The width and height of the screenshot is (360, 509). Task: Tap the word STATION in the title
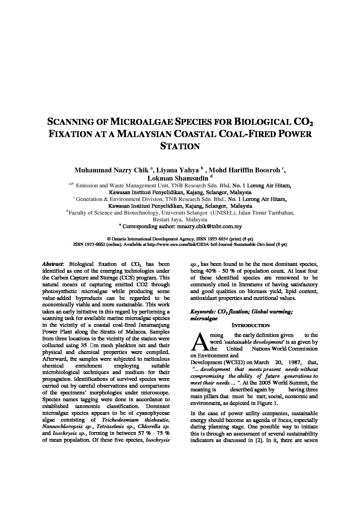180,146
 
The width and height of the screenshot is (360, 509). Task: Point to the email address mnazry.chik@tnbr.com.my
207,226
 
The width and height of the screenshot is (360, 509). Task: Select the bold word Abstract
52,264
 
